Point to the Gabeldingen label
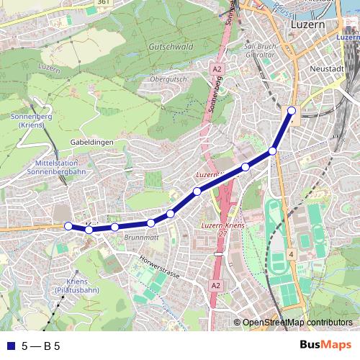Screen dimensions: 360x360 click(92, 143)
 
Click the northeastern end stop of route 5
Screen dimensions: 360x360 click(292, 110)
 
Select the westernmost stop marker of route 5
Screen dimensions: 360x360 click(68, 226)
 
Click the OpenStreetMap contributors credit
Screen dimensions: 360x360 click(297, 323)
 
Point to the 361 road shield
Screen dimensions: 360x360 click(104, 3)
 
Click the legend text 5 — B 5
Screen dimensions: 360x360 click(40, 346)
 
